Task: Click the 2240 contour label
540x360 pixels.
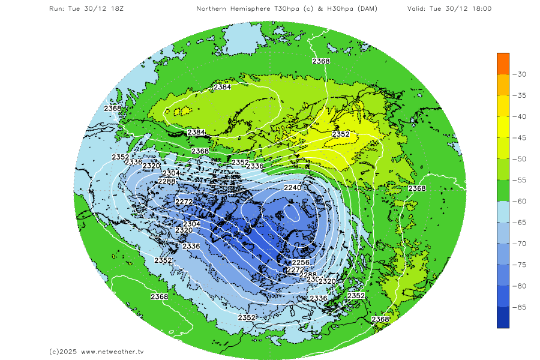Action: coord(292,188)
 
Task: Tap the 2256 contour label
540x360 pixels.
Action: coord(300,263)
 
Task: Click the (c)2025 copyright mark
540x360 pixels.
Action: coord(63,352)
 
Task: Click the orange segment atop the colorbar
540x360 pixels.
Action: coord(503,63)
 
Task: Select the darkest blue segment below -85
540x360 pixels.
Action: coord(503,318)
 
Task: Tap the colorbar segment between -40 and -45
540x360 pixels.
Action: coord(503,127)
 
